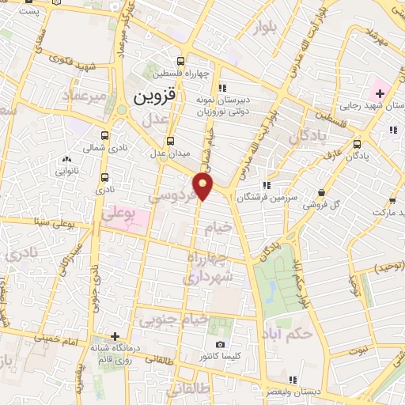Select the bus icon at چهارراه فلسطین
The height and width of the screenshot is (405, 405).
pyautogui.click(x=181, y=61)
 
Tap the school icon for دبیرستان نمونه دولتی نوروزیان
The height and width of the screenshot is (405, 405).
pyautogui.click(x=222, y=88)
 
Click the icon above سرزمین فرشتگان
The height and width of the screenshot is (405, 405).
pyautogui.click(x=266, y=185)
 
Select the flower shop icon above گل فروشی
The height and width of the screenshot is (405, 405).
pyautogui.click(x=321, y=192)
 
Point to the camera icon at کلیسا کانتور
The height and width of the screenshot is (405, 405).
pyautogui.click(x=220, y=345)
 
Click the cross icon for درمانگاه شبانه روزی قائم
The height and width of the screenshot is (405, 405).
pyautogui.click(x=115, y=337)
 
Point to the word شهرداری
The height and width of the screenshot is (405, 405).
pyautogui.click(x=208, y=277)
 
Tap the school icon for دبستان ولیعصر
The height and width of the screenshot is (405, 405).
pyautogui.click(x=293, y=380)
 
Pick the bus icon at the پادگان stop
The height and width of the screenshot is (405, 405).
pyautogui.click(x=358, y=144)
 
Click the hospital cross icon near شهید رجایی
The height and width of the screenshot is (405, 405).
pyautogui.click(x=380, y=94)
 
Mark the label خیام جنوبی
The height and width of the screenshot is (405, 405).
pyautogui.click(x=173, y=320)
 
